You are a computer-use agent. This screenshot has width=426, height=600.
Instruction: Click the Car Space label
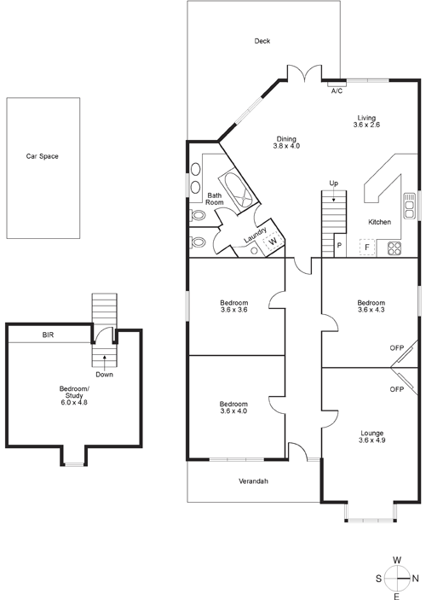click(x=42, y=156)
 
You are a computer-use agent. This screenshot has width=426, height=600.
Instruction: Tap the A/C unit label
click(x=337, y=91)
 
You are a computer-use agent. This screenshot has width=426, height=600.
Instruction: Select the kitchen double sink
click(x=409, y=206)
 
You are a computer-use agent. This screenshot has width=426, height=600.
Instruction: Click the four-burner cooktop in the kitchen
click(x=394, y=248)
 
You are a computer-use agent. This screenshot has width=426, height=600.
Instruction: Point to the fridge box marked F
click(x=366, y=248)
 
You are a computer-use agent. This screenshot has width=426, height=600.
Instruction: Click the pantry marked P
click(x=340, y=245)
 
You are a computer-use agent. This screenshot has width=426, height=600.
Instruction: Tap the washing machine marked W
click(x=273, y=242)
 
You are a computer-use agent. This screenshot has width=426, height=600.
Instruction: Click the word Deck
click(x=262, y=41)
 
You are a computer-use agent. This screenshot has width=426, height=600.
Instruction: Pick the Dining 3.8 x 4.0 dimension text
click(x=286, y=146)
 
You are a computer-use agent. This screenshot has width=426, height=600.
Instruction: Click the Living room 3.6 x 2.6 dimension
click(x=366, y=125)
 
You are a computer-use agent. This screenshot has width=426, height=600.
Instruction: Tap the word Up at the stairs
click(x=333, y=183)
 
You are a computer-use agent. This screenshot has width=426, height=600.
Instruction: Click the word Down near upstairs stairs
click(x=104, y=375)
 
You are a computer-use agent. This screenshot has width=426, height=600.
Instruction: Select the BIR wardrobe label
click(x=49, y=335)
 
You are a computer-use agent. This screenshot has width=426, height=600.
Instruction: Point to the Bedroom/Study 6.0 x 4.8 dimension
click(x=74, y=403)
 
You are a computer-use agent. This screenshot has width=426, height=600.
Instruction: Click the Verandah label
click(x=253, y=481)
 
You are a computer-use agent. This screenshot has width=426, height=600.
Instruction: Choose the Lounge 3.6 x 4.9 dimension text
click(x=371, y=440)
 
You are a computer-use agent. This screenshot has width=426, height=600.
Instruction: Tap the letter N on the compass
click(x=416, y=579)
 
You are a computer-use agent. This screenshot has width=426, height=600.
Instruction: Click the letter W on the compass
click(x=397, y=560)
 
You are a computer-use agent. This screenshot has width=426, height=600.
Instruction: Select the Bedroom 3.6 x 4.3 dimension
click(x=371, y=310)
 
